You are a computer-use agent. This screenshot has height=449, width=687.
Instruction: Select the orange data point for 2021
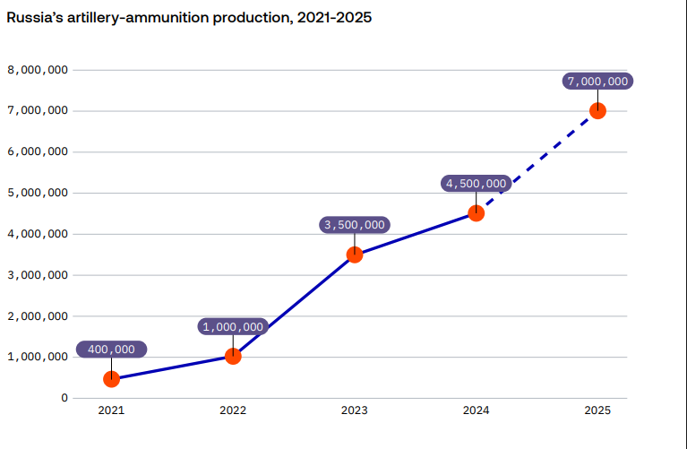[x=111, y=379]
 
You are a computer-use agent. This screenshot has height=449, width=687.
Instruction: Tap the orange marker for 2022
[x=233, y=356]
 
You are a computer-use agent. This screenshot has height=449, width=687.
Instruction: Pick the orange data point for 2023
[x=355, y=255]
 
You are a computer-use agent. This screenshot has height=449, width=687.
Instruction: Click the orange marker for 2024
[x=477, y=213]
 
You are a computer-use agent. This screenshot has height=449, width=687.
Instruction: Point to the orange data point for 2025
[x=597, y=111]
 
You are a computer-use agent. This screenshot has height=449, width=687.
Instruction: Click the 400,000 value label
[x=111, y=350]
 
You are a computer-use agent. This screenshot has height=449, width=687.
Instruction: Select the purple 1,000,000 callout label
[x=233, y=327]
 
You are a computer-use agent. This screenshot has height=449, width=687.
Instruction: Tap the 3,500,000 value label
[x=354, y=225]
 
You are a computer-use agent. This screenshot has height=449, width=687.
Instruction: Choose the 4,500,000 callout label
[x=477, y=184]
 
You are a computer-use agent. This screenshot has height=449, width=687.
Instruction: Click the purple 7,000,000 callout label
[x=597, y=82]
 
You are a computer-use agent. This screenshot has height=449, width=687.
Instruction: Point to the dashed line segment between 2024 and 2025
[x=537, y=162]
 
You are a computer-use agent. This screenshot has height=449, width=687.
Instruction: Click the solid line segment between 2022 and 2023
[x=294, y=306]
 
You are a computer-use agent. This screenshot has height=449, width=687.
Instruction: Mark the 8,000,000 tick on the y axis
[x=38, y=70]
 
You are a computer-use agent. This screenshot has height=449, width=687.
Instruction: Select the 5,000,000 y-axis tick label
[x=38, y=193]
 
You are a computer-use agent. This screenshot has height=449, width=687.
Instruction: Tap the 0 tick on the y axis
[x=64, y=398]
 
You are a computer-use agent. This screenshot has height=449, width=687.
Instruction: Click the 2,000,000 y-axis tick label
[x=38, y=316]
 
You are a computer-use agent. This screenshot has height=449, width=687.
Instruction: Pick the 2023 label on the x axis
[x=354, y=411]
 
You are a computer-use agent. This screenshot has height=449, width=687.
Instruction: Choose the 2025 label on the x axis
[x=597, y=411]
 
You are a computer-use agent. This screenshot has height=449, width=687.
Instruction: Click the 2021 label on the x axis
[x=111, y=411]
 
